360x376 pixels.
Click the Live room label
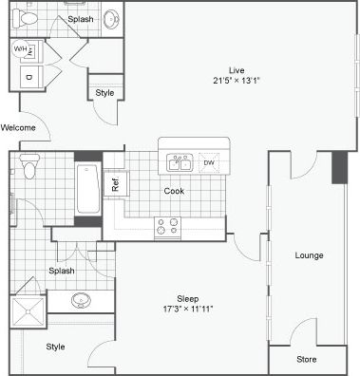(236, 68)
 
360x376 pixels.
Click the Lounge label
(309, 255)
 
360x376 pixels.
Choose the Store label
(306, 359)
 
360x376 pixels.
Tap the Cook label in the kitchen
(174, 190)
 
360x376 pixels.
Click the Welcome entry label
(18, 127)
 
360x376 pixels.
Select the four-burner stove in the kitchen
(167, 226)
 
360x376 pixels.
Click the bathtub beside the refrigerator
(87, 189)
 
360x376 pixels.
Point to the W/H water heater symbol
(22, 49)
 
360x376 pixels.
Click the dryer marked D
(28, 77)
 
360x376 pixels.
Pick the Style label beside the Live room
(104, 93)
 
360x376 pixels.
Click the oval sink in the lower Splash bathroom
(81, 301)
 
